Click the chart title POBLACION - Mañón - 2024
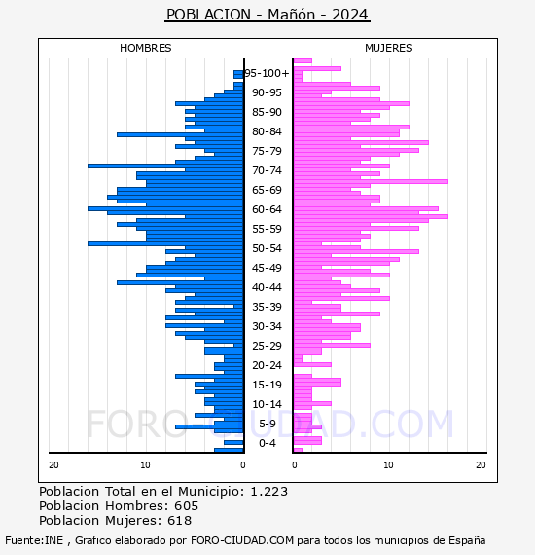pos(267,15)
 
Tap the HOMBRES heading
pos(145,48)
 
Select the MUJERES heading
pos(389,48)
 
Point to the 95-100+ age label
pos(267,73)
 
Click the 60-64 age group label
pos(267,209)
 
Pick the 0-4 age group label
pos(267,443)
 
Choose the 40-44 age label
pos(267,287)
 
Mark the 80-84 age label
pos(267,131)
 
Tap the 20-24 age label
pos(267,365)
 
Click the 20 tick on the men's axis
pos(53,465)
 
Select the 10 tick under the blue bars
pos(145,465)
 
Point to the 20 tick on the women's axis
pos(481,465)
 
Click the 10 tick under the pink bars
pos(388,465)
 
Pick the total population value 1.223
pos(269,492)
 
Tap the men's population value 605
pos(187,506)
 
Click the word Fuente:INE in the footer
pos(34,540)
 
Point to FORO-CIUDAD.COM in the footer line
pos(242,540)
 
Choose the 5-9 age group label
pos(267,424)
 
